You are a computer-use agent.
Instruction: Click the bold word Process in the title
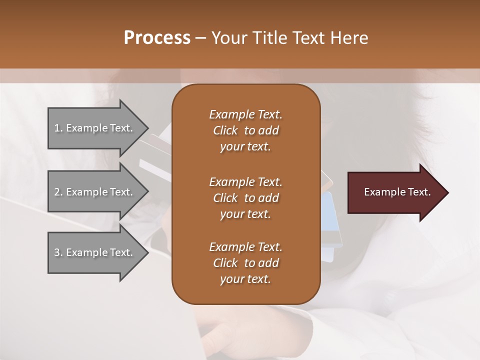[157, 38]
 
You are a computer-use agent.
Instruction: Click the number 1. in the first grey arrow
[58, 128]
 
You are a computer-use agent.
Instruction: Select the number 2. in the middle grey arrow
[58, 192]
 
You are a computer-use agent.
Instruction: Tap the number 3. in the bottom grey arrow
[58, 252]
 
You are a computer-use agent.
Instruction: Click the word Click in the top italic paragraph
[225, 130]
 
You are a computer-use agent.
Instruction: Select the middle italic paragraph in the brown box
[245, 197]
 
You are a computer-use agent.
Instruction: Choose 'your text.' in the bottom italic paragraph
[245, 279]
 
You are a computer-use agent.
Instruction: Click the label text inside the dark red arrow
[397, 192]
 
